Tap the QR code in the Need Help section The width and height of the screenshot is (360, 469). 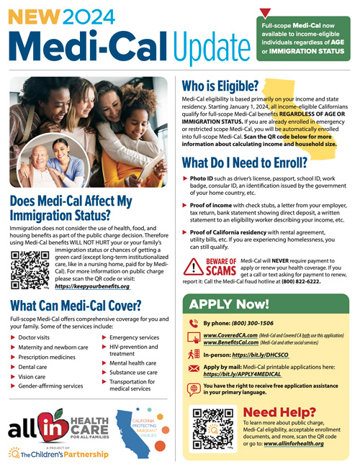[209, 425]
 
